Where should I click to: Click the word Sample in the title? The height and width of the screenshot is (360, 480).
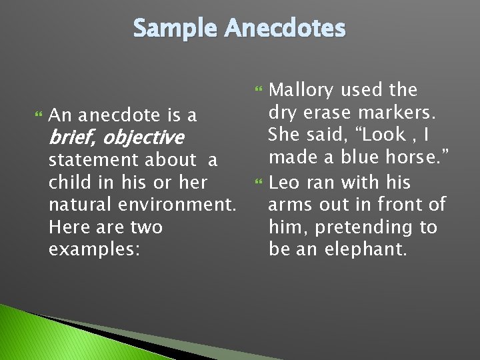(x=175, y=29)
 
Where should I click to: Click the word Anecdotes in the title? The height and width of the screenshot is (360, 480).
(x=285, y=29)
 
